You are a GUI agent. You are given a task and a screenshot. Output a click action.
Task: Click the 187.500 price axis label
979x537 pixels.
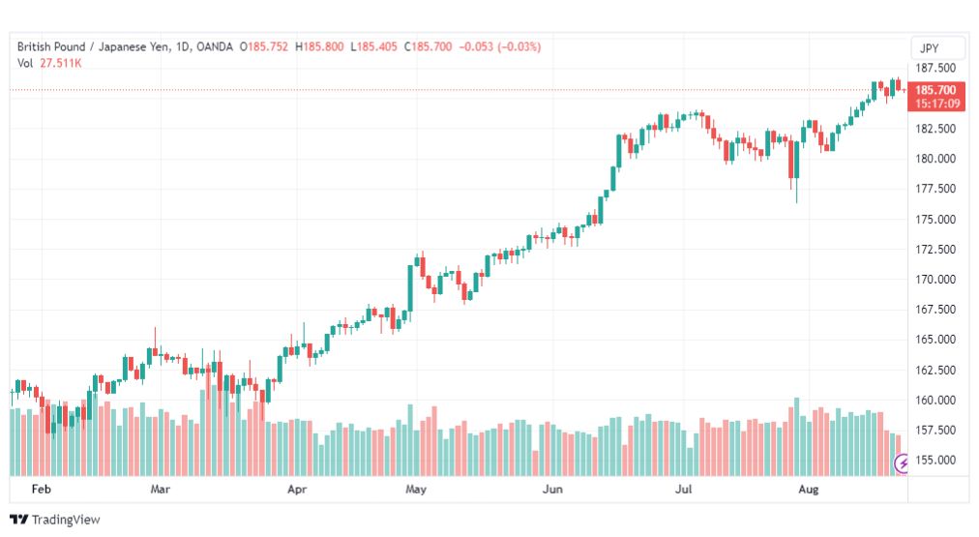pyautogui.click(x=935, y=68)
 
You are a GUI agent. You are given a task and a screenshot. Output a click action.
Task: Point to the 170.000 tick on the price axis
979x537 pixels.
pyautogui.click(x=935, y=279)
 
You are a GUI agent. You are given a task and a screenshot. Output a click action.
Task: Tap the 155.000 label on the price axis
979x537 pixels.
pyautogui.click(x=935, y=461)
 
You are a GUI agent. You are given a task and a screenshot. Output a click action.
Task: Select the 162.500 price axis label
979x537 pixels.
pyautogui.click(x=935, y=370)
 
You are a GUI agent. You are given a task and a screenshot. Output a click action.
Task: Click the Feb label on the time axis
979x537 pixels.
pyautogui.click(x=42, y=489)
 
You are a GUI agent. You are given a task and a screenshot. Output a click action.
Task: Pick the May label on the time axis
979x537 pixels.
pyautogui.click(x=416, y=489)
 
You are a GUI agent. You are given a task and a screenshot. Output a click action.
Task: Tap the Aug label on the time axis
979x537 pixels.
pyautogui.click(x=809, y=489)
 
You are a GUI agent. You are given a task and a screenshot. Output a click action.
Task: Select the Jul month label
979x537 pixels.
pyautogui.click(x=684, y=489)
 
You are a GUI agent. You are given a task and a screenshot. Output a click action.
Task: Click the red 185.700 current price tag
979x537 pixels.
pyautogui.click(x=935, y=90)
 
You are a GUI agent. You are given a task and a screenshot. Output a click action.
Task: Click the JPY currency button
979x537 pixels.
pyautogui.click(x=930, y=48)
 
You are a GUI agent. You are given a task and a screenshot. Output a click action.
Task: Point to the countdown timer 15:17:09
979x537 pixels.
pyautogui.click(x=937, y=104)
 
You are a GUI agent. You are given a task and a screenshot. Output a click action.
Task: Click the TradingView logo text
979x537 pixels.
pyautogui.click(x=66, y=520)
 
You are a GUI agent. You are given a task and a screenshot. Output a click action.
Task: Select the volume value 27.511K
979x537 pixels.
pyautogui.click(x=61, y=63)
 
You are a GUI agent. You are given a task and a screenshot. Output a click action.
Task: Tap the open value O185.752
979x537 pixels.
pyautogui.click(x=264, y=46)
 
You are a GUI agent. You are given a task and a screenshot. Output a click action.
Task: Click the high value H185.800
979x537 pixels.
pyautogui.click(x=319, y=46)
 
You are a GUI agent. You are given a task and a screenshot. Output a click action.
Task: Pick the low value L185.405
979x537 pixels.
pyautogui.click(x=373, y=46)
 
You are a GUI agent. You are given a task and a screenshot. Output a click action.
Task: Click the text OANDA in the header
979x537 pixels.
pyautogui.click(x=214, y=46)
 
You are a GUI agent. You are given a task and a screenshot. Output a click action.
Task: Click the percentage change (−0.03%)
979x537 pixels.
pyautogui.click(x=519, y=46)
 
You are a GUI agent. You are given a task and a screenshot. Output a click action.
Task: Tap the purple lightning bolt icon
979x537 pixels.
pyautogui.click(x=902, y=463)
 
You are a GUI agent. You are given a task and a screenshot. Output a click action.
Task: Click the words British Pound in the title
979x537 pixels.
pyautogui.click(x=51, y=46)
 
